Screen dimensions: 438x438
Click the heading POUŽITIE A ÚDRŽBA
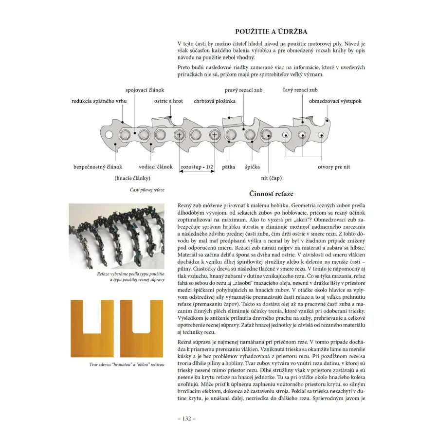271,32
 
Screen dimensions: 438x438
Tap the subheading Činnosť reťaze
271,194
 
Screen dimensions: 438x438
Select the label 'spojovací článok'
145,90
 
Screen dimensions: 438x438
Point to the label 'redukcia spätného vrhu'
99,101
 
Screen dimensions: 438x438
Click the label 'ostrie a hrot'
168,101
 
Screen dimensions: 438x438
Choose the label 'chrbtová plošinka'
215,101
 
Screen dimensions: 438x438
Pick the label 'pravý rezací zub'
244,90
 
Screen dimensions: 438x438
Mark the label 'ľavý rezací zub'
300,90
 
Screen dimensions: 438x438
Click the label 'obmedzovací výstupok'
335,101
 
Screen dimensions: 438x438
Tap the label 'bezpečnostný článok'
98,167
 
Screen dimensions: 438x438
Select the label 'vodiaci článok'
156,167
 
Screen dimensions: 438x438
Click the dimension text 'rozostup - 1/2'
197,167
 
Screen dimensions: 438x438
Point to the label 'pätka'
229,167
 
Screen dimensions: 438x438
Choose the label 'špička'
252,167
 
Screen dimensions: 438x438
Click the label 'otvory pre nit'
334,167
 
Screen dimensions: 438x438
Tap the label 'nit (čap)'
271,178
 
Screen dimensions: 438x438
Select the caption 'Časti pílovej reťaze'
147,190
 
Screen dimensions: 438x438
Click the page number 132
186,419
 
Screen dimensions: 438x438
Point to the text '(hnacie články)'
132,178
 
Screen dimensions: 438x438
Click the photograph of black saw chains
116,237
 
